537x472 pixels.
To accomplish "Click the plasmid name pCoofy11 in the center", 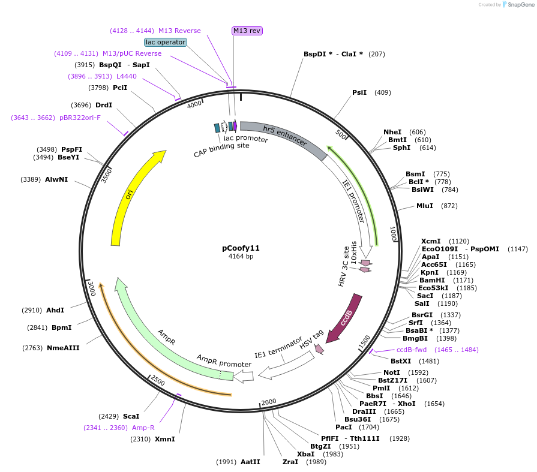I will [x=241, y=248].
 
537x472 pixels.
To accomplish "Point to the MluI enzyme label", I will [x=425, y=206].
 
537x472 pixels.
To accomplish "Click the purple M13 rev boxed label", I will [x=247, y=31].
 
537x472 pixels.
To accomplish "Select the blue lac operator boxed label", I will [x=166, y=42].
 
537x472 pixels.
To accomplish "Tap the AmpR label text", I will [x=166, y=336].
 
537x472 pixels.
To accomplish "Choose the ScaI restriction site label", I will [x=131, y=416].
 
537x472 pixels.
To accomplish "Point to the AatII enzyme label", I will [x=250, y=462].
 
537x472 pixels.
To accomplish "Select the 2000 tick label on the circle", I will [x=268, y=402].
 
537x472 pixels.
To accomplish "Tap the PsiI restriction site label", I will [x=359, y=92].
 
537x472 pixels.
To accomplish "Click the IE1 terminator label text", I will [x=278, y=347].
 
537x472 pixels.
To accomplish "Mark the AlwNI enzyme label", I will [x=56, y=179].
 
